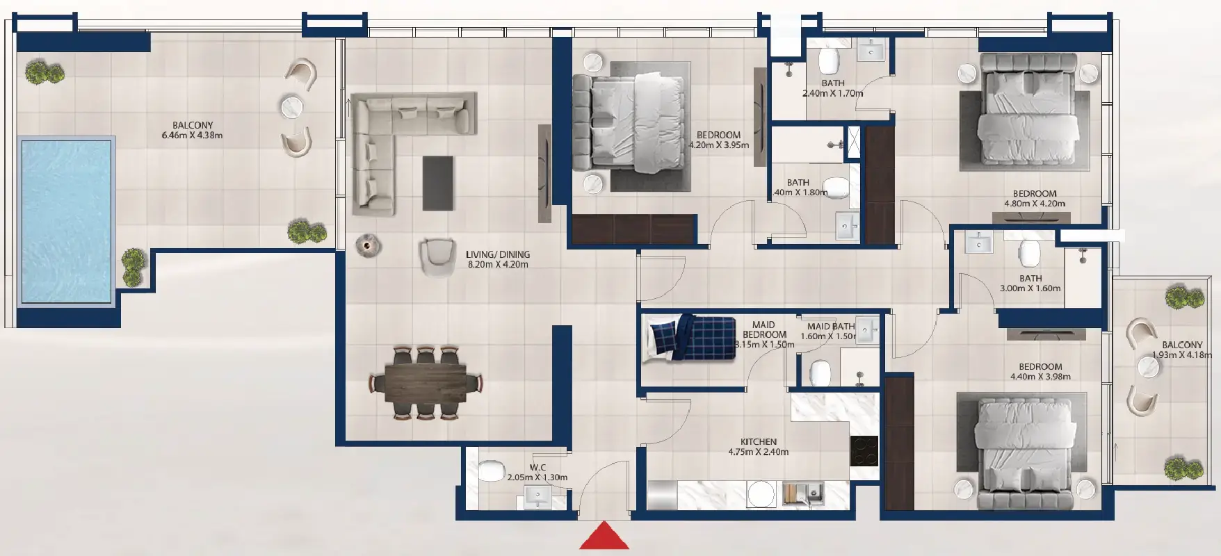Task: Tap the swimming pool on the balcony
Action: coord(66,220)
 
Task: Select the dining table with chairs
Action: coord(426,382)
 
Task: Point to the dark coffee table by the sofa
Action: coord(437,182)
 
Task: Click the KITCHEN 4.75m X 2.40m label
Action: coord(758,447)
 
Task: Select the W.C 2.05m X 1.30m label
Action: coord(537,473)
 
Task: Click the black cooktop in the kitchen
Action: coord(864,450)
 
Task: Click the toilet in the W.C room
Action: coord(491,471)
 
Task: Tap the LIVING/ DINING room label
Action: coord(498,259)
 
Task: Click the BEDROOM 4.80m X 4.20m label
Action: coord(1035,199)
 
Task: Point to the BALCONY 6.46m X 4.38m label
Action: coord(193,131)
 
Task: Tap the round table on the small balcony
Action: coord(1148,367)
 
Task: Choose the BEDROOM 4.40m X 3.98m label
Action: coord(1040,372)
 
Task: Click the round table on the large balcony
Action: coord(292,107)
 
